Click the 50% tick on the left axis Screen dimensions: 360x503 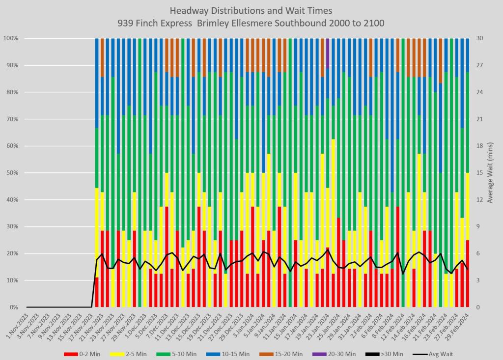click(x=11, y=173)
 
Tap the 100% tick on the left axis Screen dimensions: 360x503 click(x=10, y=38)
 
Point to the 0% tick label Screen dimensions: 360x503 click(x=13, y=307)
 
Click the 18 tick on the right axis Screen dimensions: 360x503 click(x=478, y=146)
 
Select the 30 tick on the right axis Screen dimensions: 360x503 click(x=478, y=38)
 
